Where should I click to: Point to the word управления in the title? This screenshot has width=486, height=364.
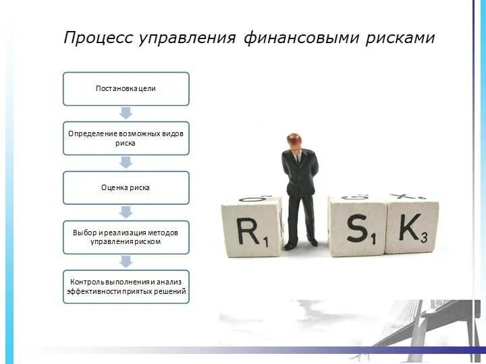(x=187, y=38)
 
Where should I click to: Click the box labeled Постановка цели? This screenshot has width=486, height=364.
(x=126, y=89)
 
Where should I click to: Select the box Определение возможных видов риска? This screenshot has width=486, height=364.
(x=126, y=138)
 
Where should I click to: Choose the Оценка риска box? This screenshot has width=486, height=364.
(x=126, y=187)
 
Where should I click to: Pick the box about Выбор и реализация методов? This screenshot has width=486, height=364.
(x=126, y=237)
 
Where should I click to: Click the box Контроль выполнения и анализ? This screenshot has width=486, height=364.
(x=126, y=286)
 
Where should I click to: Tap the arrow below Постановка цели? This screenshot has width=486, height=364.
(x=126, y=113)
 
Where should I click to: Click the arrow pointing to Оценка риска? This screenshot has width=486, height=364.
(x=126, y=162)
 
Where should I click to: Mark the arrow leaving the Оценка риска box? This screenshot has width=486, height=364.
(x=126, y=212)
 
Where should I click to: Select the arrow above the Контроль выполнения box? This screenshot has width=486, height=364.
(x=126, y=261)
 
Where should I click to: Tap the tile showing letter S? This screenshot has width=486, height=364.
(x=357, y=228)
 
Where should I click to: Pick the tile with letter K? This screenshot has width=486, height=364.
(x=412, y=228)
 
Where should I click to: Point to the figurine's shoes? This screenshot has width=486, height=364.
(x=300, y=243)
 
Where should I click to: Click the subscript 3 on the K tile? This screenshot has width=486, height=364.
(x=424, y=237)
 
